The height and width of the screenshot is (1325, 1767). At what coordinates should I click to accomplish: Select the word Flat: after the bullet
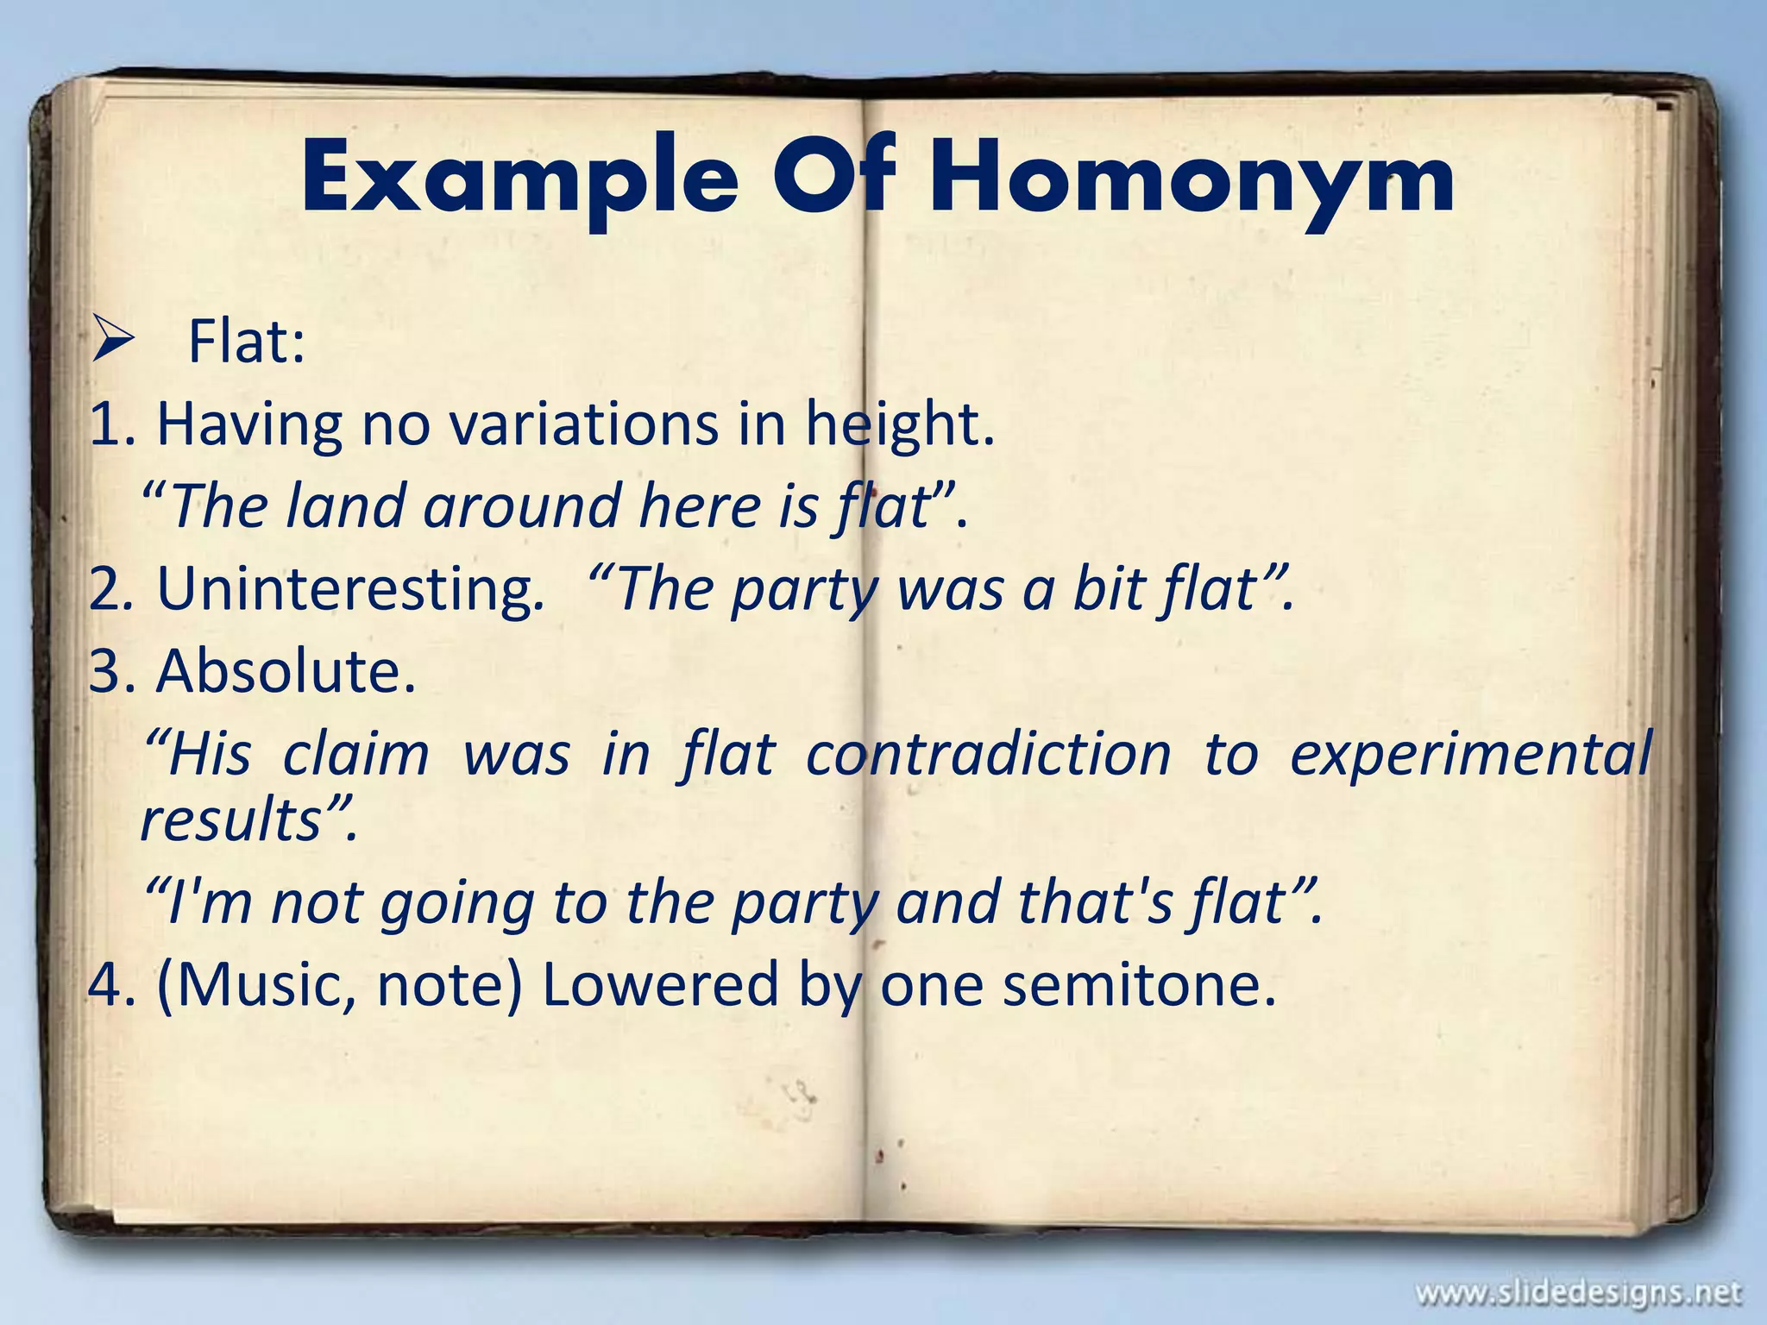coord(247,342)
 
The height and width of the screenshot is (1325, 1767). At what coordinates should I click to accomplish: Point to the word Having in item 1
coord(249,424)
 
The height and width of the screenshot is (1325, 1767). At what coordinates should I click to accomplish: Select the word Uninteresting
coord(350,590)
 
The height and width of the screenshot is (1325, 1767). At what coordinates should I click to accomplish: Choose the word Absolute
coord(286,671)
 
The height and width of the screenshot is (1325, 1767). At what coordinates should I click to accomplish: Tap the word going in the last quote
coord(457,902)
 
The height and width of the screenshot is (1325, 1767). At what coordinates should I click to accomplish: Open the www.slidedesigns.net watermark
coord(1578,1293)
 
